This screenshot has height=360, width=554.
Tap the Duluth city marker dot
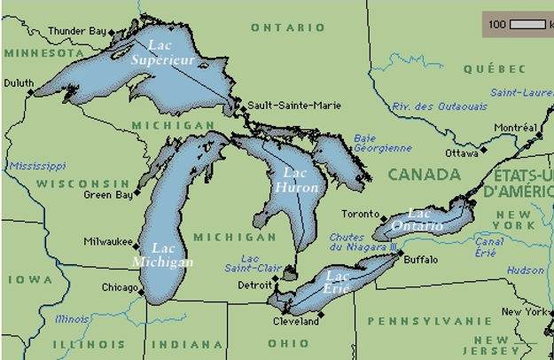click(31, 91)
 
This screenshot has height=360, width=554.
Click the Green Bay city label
click(105, 193)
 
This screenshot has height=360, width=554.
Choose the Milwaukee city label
click(107, 241)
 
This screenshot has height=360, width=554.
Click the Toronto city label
click(360, 214)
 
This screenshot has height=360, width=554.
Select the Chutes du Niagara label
click(357, 242)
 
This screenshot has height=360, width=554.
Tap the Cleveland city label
click(297, 321)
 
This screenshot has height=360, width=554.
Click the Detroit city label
click(254, 285)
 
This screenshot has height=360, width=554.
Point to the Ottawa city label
click(462, 153)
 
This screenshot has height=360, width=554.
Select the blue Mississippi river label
click(37, 166)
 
